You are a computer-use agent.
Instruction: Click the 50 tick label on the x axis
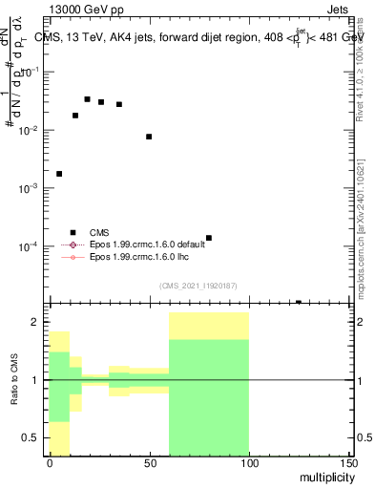[x=149, y=462]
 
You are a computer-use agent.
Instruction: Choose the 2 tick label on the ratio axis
[x=38, y=323]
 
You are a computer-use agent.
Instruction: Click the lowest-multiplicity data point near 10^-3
[x=59, y=174]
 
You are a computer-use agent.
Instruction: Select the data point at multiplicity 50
[x=149, y=137]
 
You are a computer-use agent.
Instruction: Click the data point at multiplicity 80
[x=208, y=238]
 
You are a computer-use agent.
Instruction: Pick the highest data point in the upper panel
[x=87, y=99]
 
